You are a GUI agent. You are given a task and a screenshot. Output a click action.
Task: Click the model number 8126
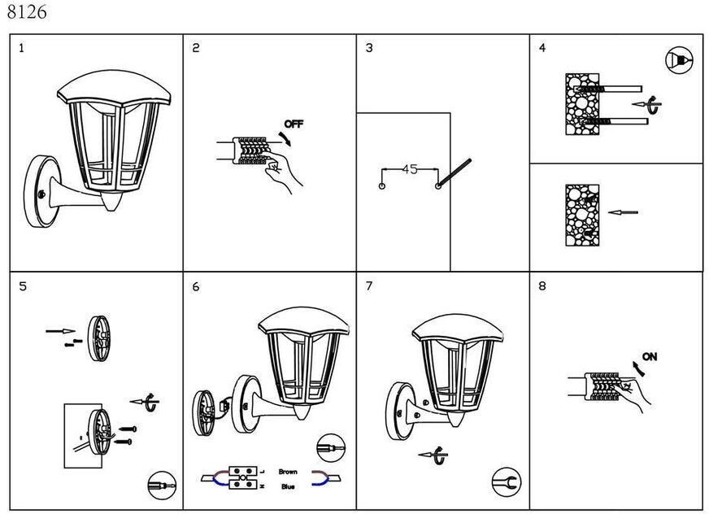click(x=26, y=12)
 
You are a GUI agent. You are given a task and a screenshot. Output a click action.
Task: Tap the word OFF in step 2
click(x=293, y=124)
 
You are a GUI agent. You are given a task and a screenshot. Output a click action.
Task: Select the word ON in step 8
click(x=650, y=356)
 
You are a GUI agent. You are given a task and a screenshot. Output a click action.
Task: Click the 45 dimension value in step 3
click(x=410, y=169)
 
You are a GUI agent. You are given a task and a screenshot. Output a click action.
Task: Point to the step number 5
click(x=23, y=286)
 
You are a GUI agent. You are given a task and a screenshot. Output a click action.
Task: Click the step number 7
click(x=369, y=286)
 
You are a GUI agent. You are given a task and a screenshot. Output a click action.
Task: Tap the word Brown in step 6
click(x=288, y=471)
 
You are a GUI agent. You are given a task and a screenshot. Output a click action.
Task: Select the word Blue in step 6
click(x=288, y=486)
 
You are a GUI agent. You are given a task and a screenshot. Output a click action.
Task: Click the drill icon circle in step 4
click(x=679, y=61)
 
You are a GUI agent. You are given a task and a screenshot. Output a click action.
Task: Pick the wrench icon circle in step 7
click(x=506, y=481)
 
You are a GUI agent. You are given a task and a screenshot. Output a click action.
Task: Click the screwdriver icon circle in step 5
click(x=161, y=485)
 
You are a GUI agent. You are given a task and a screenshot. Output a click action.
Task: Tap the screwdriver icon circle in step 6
click(x=330, y=448)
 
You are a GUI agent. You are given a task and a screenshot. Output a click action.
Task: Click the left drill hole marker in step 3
click(x=382, y=186)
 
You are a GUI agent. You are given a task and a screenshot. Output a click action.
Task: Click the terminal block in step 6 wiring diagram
click(x=244, y=477)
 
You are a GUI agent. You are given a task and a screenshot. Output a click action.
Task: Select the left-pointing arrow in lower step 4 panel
click(x=624, y=213)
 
